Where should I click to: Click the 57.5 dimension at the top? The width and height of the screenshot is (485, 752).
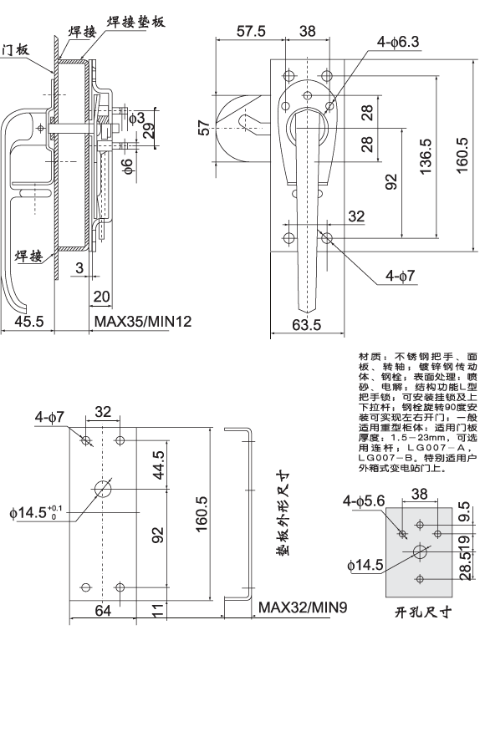[251, 31]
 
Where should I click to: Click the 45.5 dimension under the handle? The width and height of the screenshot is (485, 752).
[28, 322]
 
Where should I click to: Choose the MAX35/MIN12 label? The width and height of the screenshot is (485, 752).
[142, 322]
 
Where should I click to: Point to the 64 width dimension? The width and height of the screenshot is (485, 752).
[102, 612]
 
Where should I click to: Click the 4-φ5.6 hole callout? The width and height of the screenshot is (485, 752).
[364, 500]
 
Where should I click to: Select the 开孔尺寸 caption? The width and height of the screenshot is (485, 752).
[422, 612]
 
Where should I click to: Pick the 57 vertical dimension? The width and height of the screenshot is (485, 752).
[203, 127]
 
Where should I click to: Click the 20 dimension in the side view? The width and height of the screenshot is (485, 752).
[102, 297]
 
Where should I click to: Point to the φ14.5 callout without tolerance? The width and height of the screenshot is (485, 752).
[365, 565]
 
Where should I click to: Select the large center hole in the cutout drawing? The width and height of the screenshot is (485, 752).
[419, 551]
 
